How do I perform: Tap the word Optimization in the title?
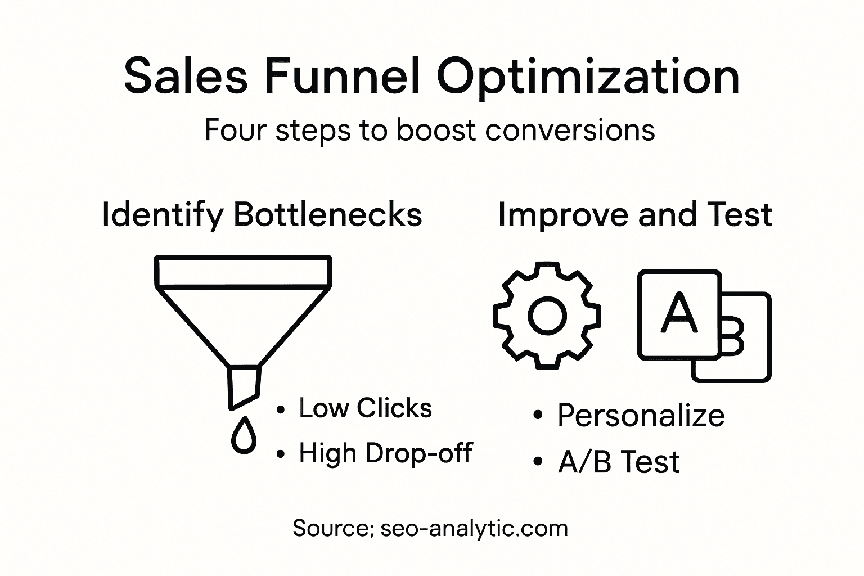(x=587, y=77)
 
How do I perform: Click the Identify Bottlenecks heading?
(x=262, y=215)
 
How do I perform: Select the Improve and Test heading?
(x=634, y=215)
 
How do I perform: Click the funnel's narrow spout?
(x=244, y=386)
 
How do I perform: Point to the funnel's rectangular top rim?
(x=242, y=272)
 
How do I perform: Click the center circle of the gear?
(x=547, y=316)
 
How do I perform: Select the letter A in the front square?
(x=679, y=313)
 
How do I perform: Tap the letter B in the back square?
(x=733, y=336)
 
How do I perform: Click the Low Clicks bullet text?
(x=365, y=408)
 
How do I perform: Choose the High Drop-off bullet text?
(x=385, y=453)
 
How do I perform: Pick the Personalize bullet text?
(x=641, y=416)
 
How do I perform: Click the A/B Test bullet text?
(x=618, y=462)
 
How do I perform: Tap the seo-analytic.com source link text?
(x=474, y=528)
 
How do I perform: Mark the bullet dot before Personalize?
(x=537, y=416)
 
